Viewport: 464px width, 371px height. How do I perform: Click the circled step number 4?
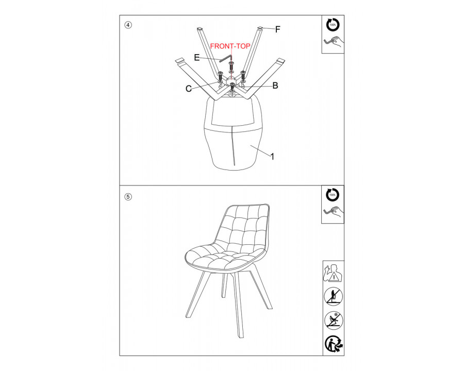(128, 25)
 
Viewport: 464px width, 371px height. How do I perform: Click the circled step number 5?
(128, 197)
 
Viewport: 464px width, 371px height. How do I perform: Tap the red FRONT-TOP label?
(230, 46)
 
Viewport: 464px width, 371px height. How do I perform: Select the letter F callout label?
(277, 29)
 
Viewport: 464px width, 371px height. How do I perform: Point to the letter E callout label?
(197, 57)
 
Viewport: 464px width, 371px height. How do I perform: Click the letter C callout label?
(189, 89)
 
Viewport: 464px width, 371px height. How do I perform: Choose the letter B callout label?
(275, 86)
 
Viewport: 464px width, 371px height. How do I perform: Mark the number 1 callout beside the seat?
(273, 157)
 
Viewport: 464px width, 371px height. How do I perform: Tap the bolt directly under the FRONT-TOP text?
(231, 66)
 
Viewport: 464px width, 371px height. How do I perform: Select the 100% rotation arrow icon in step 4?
(333, 25)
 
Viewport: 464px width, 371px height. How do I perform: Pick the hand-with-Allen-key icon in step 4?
(334, 42)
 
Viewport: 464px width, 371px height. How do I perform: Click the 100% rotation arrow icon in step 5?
(333, 195)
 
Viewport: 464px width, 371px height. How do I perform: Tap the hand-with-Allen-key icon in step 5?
(334, 212)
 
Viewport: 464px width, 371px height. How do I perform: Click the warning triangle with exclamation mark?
(335, 277)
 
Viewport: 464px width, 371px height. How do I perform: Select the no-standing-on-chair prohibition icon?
(333, 296)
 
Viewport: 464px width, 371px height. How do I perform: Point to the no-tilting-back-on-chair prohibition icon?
(334, 321)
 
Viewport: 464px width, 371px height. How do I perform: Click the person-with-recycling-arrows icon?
(334, 344)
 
